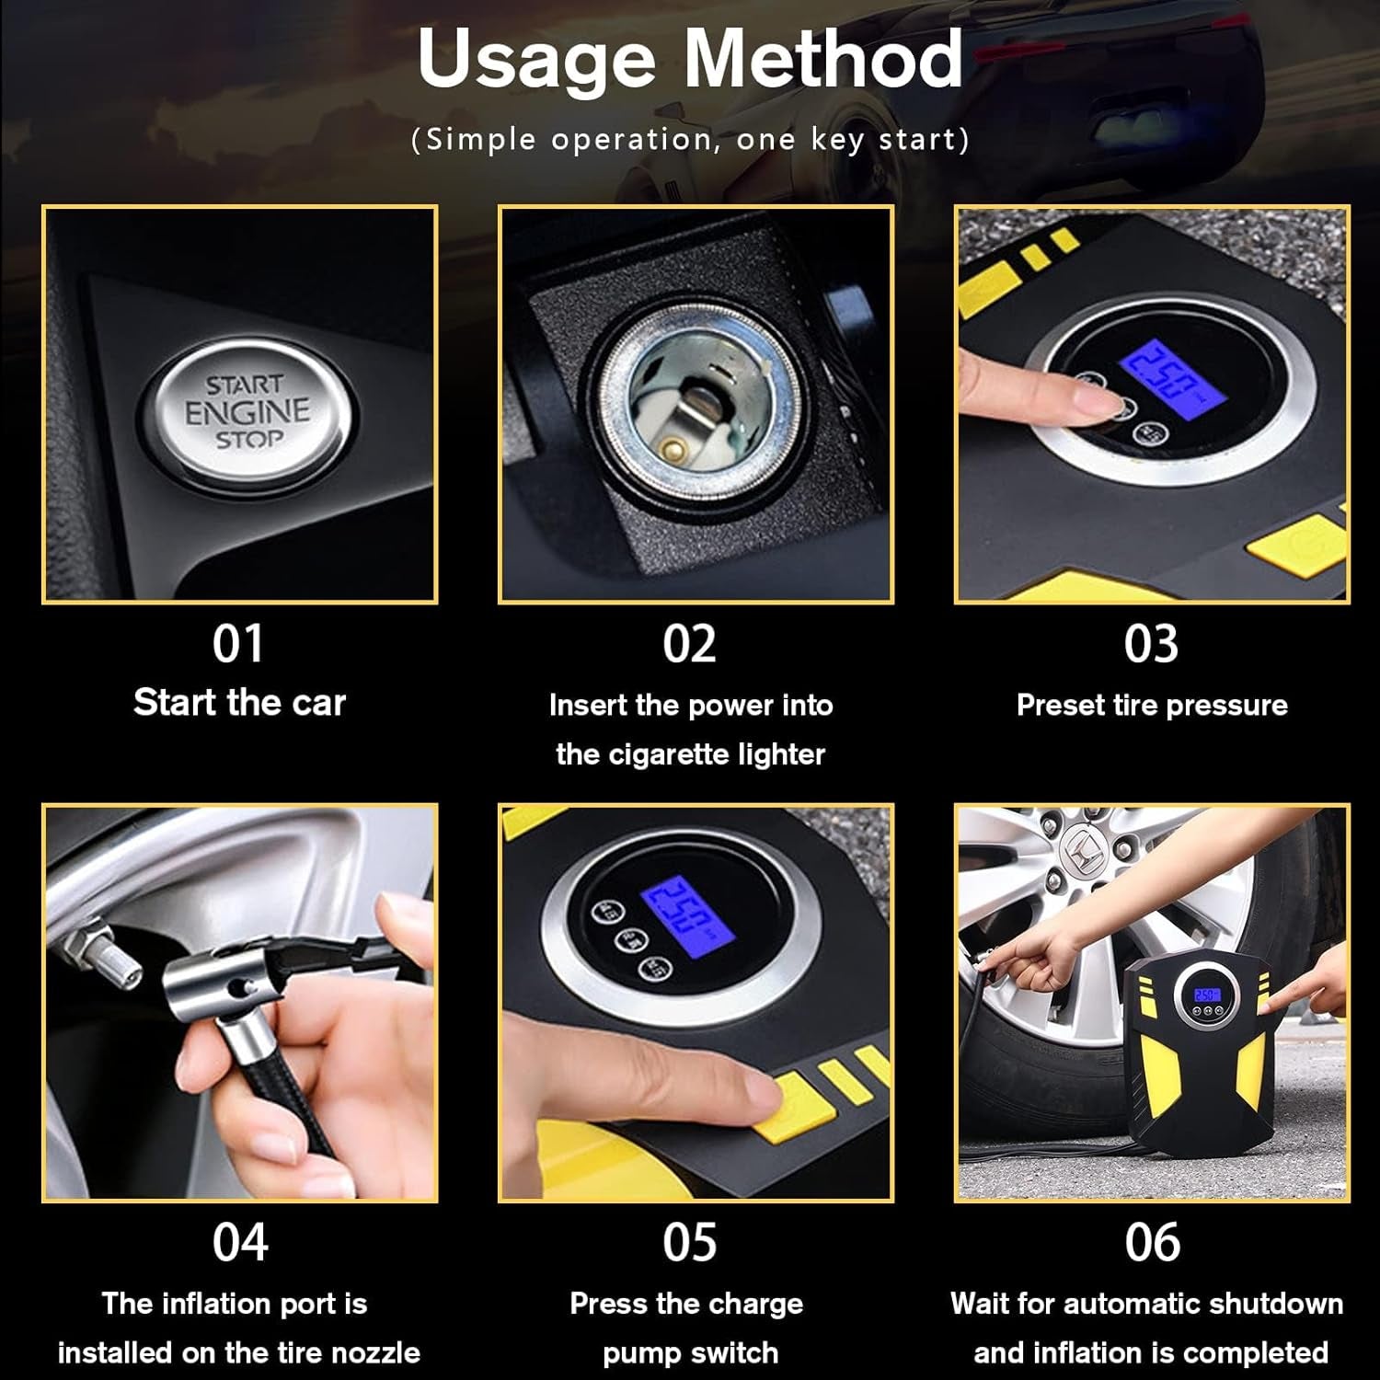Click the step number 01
point(238,644)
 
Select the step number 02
point(690,644)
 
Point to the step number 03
point(1151,644)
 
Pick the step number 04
point(240,1242)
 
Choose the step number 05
point(690,1242)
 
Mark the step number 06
point(1152,1242)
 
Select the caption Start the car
point(239,703)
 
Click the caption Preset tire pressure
point(1152,706)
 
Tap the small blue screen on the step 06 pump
point(1207,995)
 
